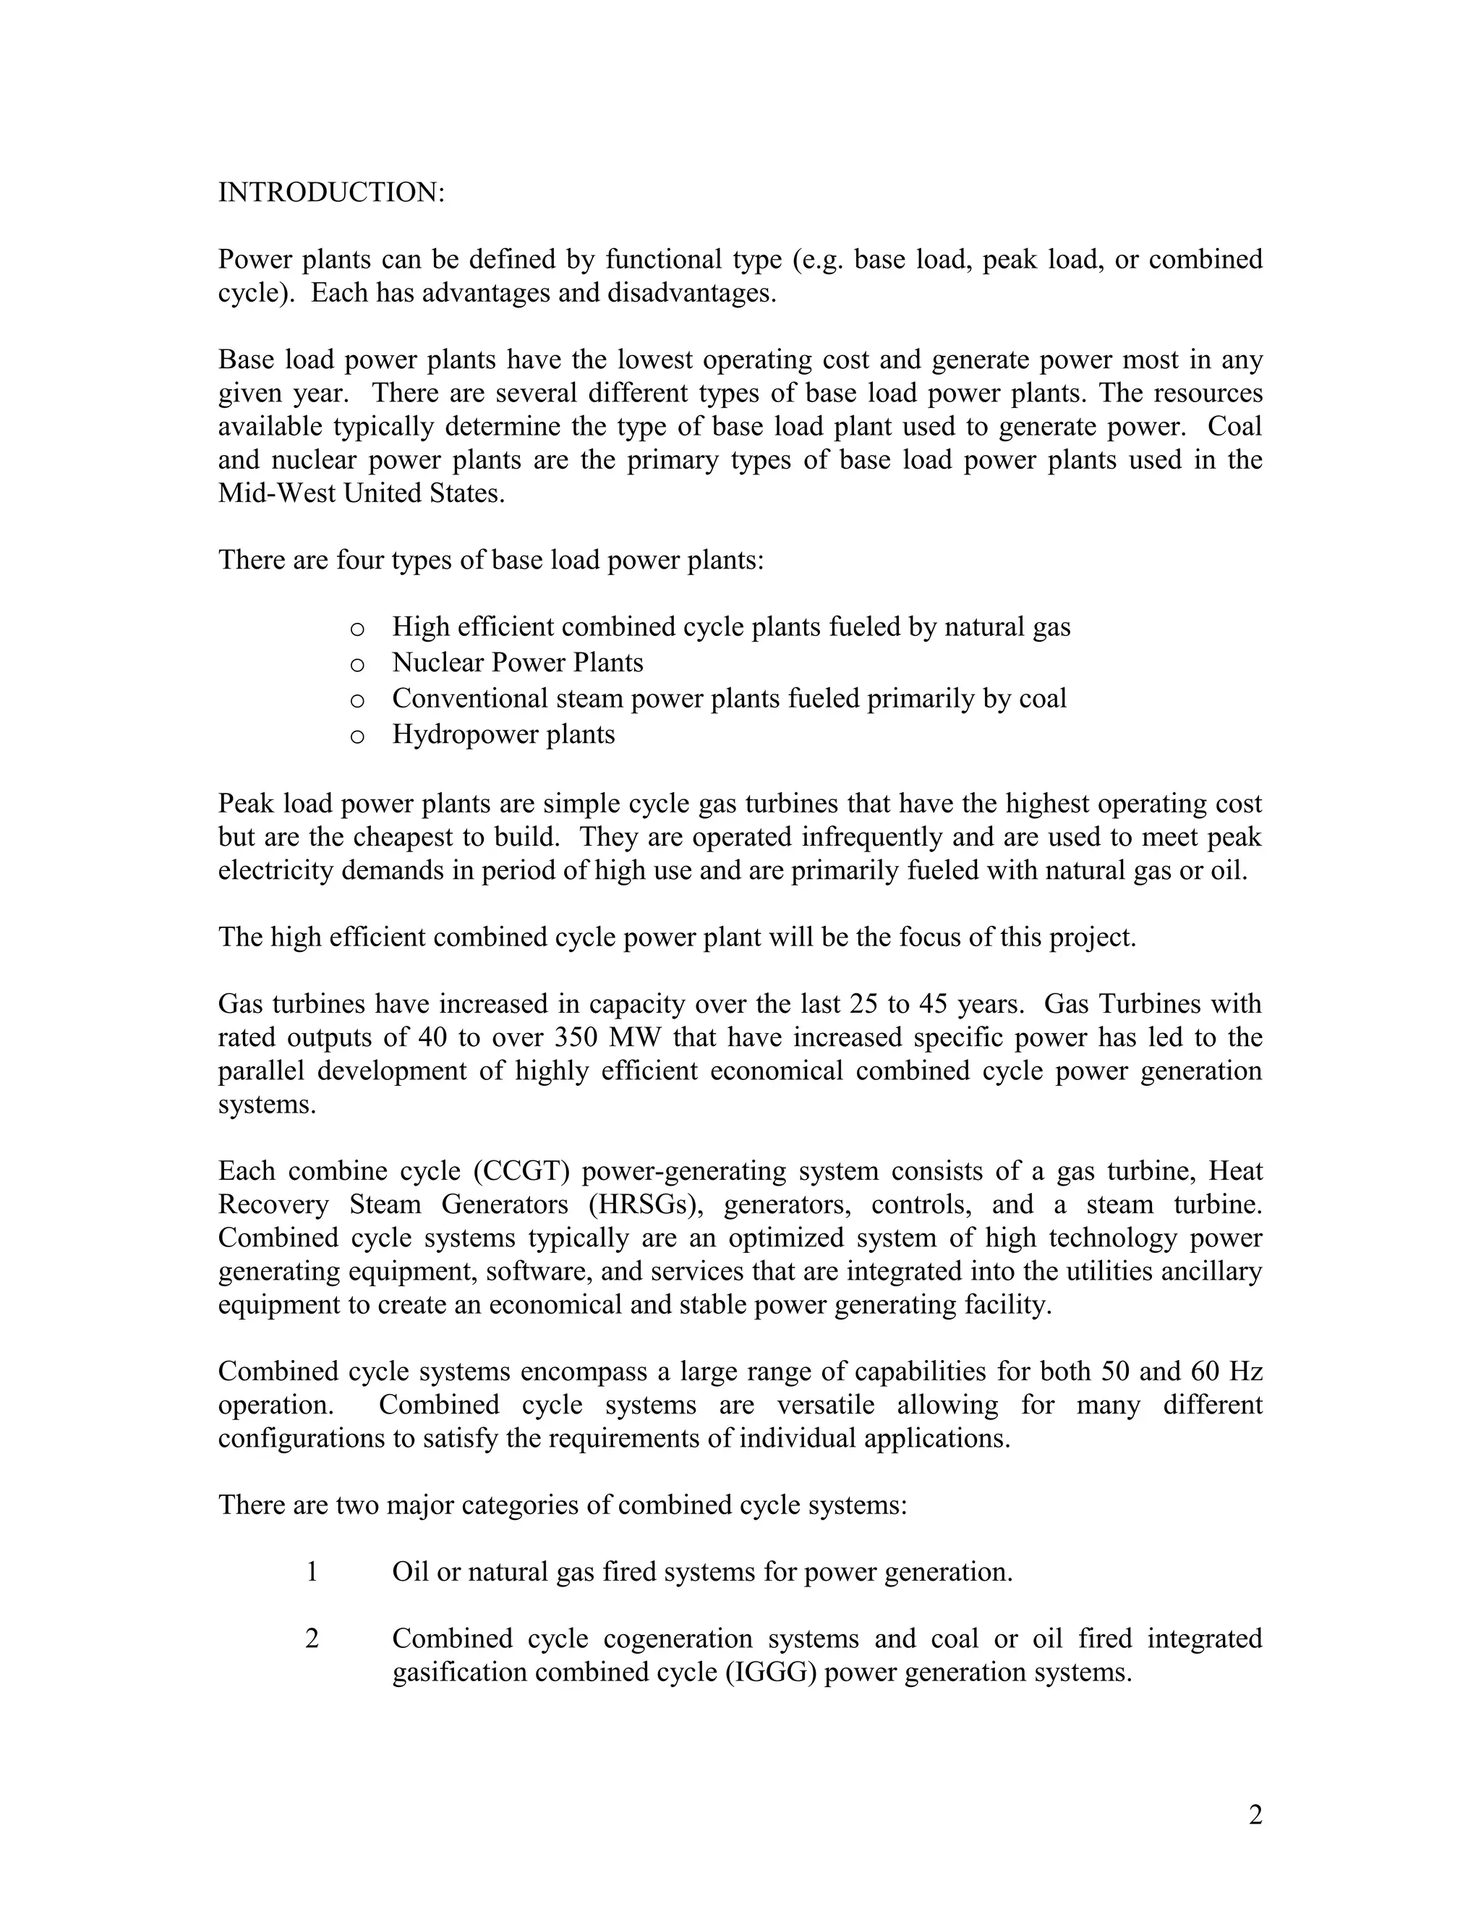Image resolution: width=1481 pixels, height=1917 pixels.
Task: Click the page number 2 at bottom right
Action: pyautogui.click(x=1255, y=1814)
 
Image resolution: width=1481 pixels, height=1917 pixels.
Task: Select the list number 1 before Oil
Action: pyautogui.click(x=312, y=1572)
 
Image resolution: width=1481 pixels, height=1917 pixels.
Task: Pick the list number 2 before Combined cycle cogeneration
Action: pyautogui.click(x=312, y=1638)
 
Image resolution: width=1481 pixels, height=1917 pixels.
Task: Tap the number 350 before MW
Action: pyautogui.click(x=576, y=1037)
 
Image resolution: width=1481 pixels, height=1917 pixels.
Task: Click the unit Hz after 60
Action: pyautogui.click(x=1246, y=1371)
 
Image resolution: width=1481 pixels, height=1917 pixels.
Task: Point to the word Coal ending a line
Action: pyautogui.click(x=1234, y=427)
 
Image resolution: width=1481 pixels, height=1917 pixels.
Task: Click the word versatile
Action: pyautogui.click(x=826, y=1404)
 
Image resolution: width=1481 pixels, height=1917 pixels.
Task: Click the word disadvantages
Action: pyautogui.click(x=691, y=292)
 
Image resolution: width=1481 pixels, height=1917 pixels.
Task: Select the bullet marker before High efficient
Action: pyautogui.click(x=357, y=629)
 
